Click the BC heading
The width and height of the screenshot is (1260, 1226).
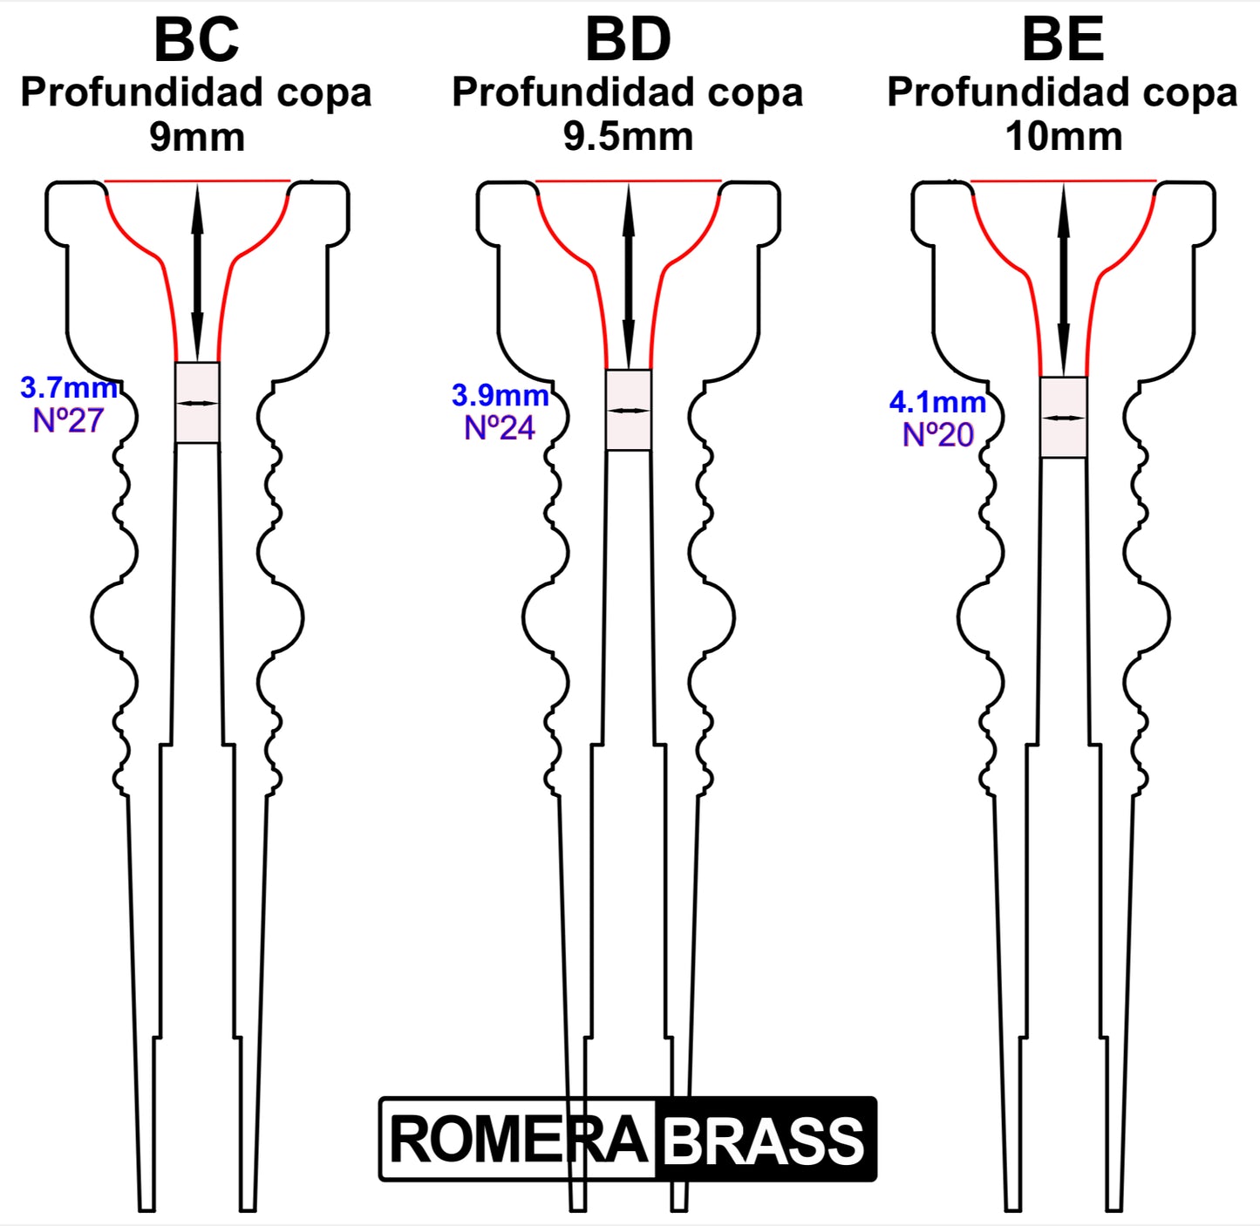[196, 40]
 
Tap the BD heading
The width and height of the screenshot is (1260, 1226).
[628, 40]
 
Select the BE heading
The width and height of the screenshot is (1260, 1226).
[1062, 40]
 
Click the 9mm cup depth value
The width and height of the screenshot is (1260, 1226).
[196, 137]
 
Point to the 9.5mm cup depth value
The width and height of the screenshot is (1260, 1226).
[628, 137]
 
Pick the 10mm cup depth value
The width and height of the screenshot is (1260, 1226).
[1063, 137]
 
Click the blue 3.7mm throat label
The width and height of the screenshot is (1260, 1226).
[69, 388]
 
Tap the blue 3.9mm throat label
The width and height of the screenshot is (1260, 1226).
[500, 396]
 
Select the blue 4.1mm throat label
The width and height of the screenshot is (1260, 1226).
[937, 403]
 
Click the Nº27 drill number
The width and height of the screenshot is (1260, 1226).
[68, 420]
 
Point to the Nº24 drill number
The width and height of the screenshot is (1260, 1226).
[500, 428]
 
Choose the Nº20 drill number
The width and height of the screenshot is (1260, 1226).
[937, 434]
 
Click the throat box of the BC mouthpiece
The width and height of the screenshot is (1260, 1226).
[197, 403]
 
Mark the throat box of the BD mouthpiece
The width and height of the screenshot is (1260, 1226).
[629, 411]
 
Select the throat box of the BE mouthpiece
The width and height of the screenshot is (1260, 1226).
[1063, 418]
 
